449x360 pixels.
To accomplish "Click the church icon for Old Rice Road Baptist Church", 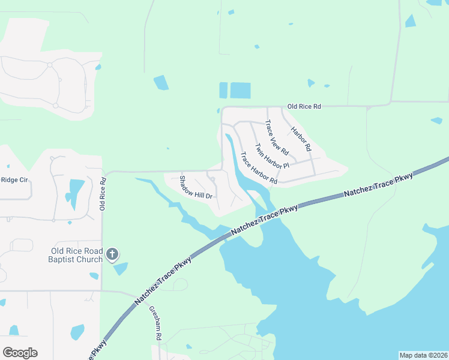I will coord(112,255).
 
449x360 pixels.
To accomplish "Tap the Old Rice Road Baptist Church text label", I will coord(77,255).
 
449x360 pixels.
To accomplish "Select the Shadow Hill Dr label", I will coord(196,187).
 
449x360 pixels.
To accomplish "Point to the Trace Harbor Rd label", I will coord(259,168).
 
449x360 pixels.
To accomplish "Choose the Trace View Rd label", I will coord(277,137).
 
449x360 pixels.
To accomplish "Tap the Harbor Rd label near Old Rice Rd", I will coord(301,139).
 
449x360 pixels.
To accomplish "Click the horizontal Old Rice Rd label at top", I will coord(304,106).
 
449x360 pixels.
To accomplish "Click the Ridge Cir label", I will coord(14,179).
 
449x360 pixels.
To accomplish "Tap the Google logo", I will coord(20,353).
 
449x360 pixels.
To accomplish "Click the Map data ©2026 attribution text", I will coord(423,355).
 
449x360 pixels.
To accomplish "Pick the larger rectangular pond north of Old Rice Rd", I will coord(240,91).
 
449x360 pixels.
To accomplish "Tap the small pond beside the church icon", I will coord(121,268).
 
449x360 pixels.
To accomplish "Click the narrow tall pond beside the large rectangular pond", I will coord(223,91).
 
